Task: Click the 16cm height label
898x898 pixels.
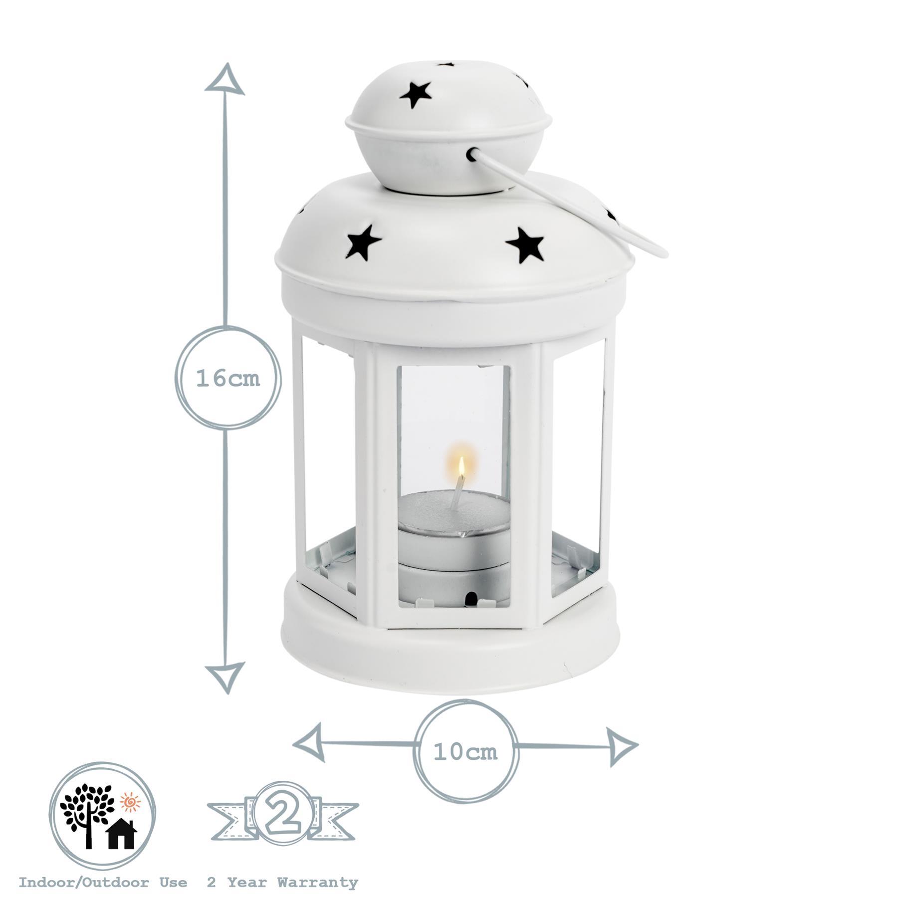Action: (x=228, y=379)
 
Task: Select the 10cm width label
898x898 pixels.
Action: (x=465, y=752)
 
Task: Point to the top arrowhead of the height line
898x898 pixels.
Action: (x=225, y=79)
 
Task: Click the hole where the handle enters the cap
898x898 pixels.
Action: (x=470, y=155)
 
